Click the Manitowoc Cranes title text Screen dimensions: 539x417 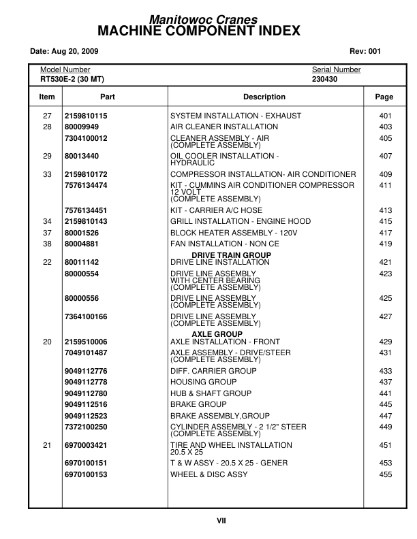(x=208, y=21)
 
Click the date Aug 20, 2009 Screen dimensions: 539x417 (x=64, y=51)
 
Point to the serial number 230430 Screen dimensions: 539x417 (x=326, y=79)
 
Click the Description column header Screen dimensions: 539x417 (x=264, y=97)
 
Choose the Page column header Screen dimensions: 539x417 (x=384, y=97)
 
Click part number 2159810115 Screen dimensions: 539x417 (x=86, y=116)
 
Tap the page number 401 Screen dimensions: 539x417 (x=386, y=116)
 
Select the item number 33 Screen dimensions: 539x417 (x=47, y=175)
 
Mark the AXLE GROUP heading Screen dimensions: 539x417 (x=217, y=335)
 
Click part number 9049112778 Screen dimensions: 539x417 (x=86, y=382)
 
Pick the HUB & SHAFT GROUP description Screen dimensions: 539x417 (x=211, y=394)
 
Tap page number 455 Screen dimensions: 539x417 (x=386, y=474)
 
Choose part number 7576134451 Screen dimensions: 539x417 (x=86, y=210)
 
